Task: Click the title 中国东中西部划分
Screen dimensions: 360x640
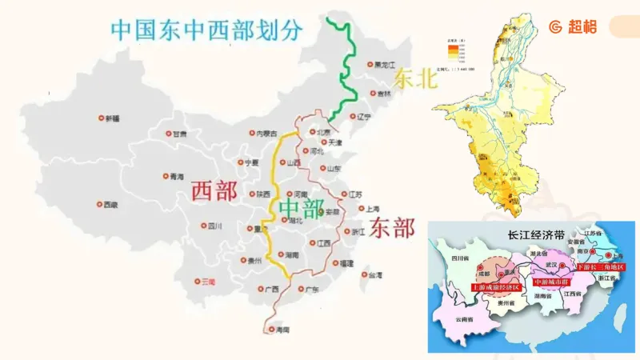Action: click(207, 30)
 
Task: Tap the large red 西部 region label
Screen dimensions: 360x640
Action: click(214, 190)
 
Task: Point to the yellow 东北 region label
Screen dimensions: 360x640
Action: click(415, 78)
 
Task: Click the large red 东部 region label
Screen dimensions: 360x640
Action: click(393, 228)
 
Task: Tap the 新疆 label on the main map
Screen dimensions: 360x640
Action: click(112, 118)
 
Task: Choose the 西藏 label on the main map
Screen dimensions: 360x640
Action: click(110, 205)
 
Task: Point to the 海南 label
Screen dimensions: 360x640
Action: click(280, 329)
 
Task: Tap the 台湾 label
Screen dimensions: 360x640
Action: click(374, 274)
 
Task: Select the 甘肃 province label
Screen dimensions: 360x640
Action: click(179, 134)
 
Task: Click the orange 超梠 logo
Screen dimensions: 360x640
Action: click(573, 26)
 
